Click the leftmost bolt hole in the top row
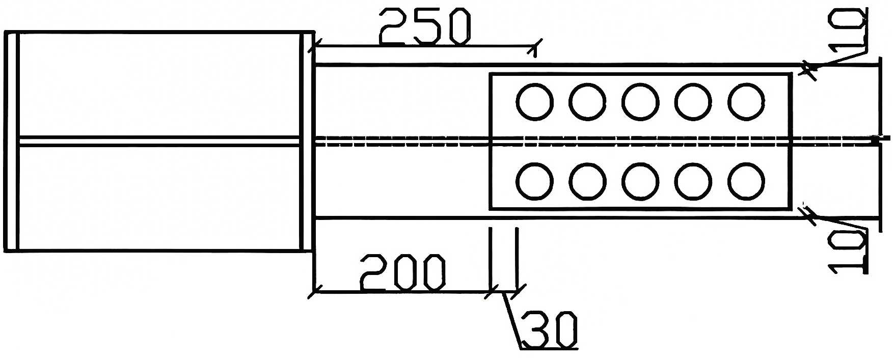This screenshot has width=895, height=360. [534, 102]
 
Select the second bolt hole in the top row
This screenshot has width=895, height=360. [587, 102]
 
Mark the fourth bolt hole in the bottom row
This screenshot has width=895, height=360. [693, 181]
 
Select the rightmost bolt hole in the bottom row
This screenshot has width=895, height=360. [746, 181]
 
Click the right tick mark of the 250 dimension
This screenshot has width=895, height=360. [534, 47]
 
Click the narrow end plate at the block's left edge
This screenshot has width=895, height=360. [11, 142]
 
